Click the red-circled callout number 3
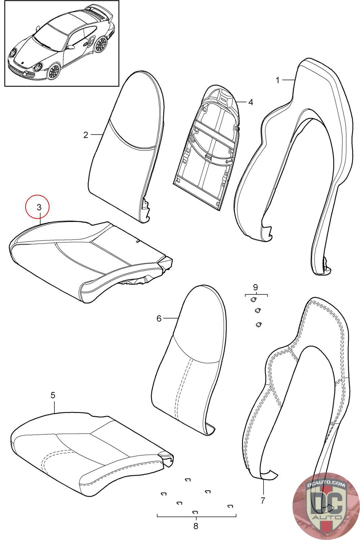pyautogui.click(x=39, y=207)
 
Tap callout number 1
pyautogui.click(x=278, y=80)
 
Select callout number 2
pyautogui.click(x=86, y=135)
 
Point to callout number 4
pyautogui.click(x=251, y=102)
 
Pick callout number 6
pyautogui.click(x=159, y=319)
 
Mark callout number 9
pyautogui.click(x=255, y=287)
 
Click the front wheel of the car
pyautogui.click(x=54, y=71)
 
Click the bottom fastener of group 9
pyautogui.click(x=258, y=324)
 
